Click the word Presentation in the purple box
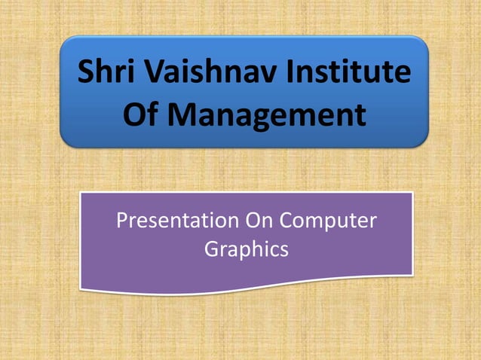tap(175, 221)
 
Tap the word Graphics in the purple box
tap(247, 249)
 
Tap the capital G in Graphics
tap(212, 249)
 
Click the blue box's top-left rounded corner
tap(66, 41)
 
